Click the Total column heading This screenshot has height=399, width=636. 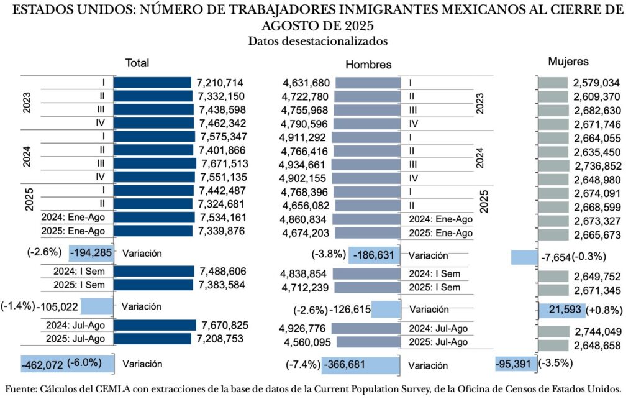(137, 63)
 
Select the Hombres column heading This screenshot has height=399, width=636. (368, 65)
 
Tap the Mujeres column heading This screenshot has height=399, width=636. (568, 62)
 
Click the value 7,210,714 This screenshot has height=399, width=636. (220, 83)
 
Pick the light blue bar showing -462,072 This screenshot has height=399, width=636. (68, 364)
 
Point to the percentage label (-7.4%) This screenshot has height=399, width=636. (302, 365)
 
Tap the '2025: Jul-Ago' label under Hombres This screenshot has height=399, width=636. (438, 342)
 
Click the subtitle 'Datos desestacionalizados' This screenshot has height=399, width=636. (317, 41)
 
